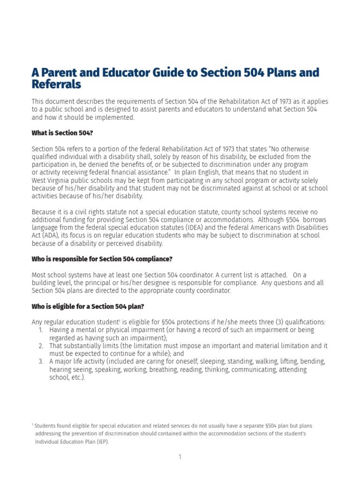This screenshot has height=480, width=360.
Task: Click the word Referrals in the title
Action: coord(56,85)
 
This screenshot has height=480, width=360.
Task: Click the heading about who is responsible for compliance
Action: coord(102,259)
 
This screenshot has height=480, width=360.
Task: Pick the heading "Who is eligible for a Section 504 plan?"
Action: coord(88,307)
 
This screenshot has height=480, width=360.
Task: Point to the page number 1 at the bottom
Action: coord(180,457)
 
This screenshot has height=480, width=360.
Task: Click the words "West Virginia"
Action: coord(52,180)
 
